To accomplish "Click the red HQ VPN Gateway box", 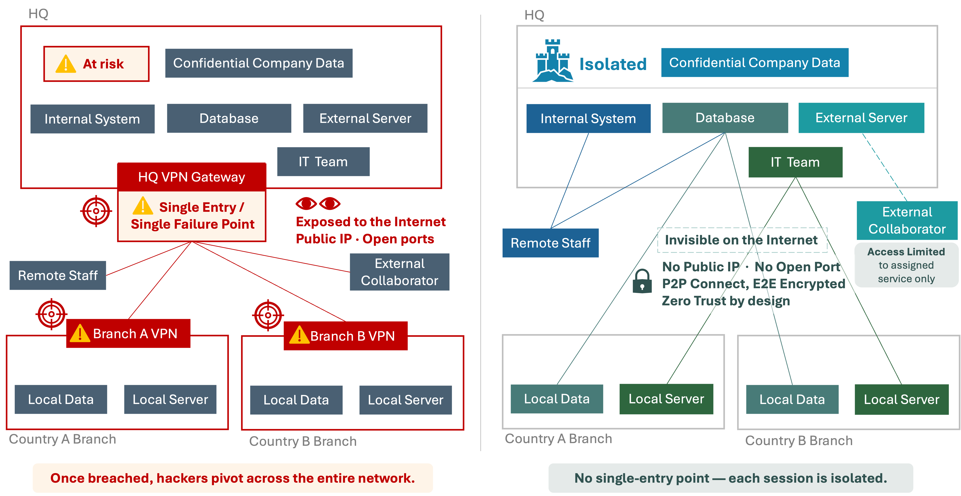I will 191,177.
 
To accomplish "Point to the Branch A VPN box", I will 128,334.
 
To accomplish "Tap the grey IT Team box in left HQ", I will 323,162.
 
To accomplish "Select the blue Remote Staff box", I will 550,243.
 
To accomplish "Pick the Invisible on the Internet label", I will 742,240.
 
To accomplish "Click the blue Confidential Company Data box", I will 754,63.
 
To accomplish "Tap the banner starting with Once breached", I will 233,478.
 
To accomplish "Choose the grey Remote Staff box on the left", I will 58,275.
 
